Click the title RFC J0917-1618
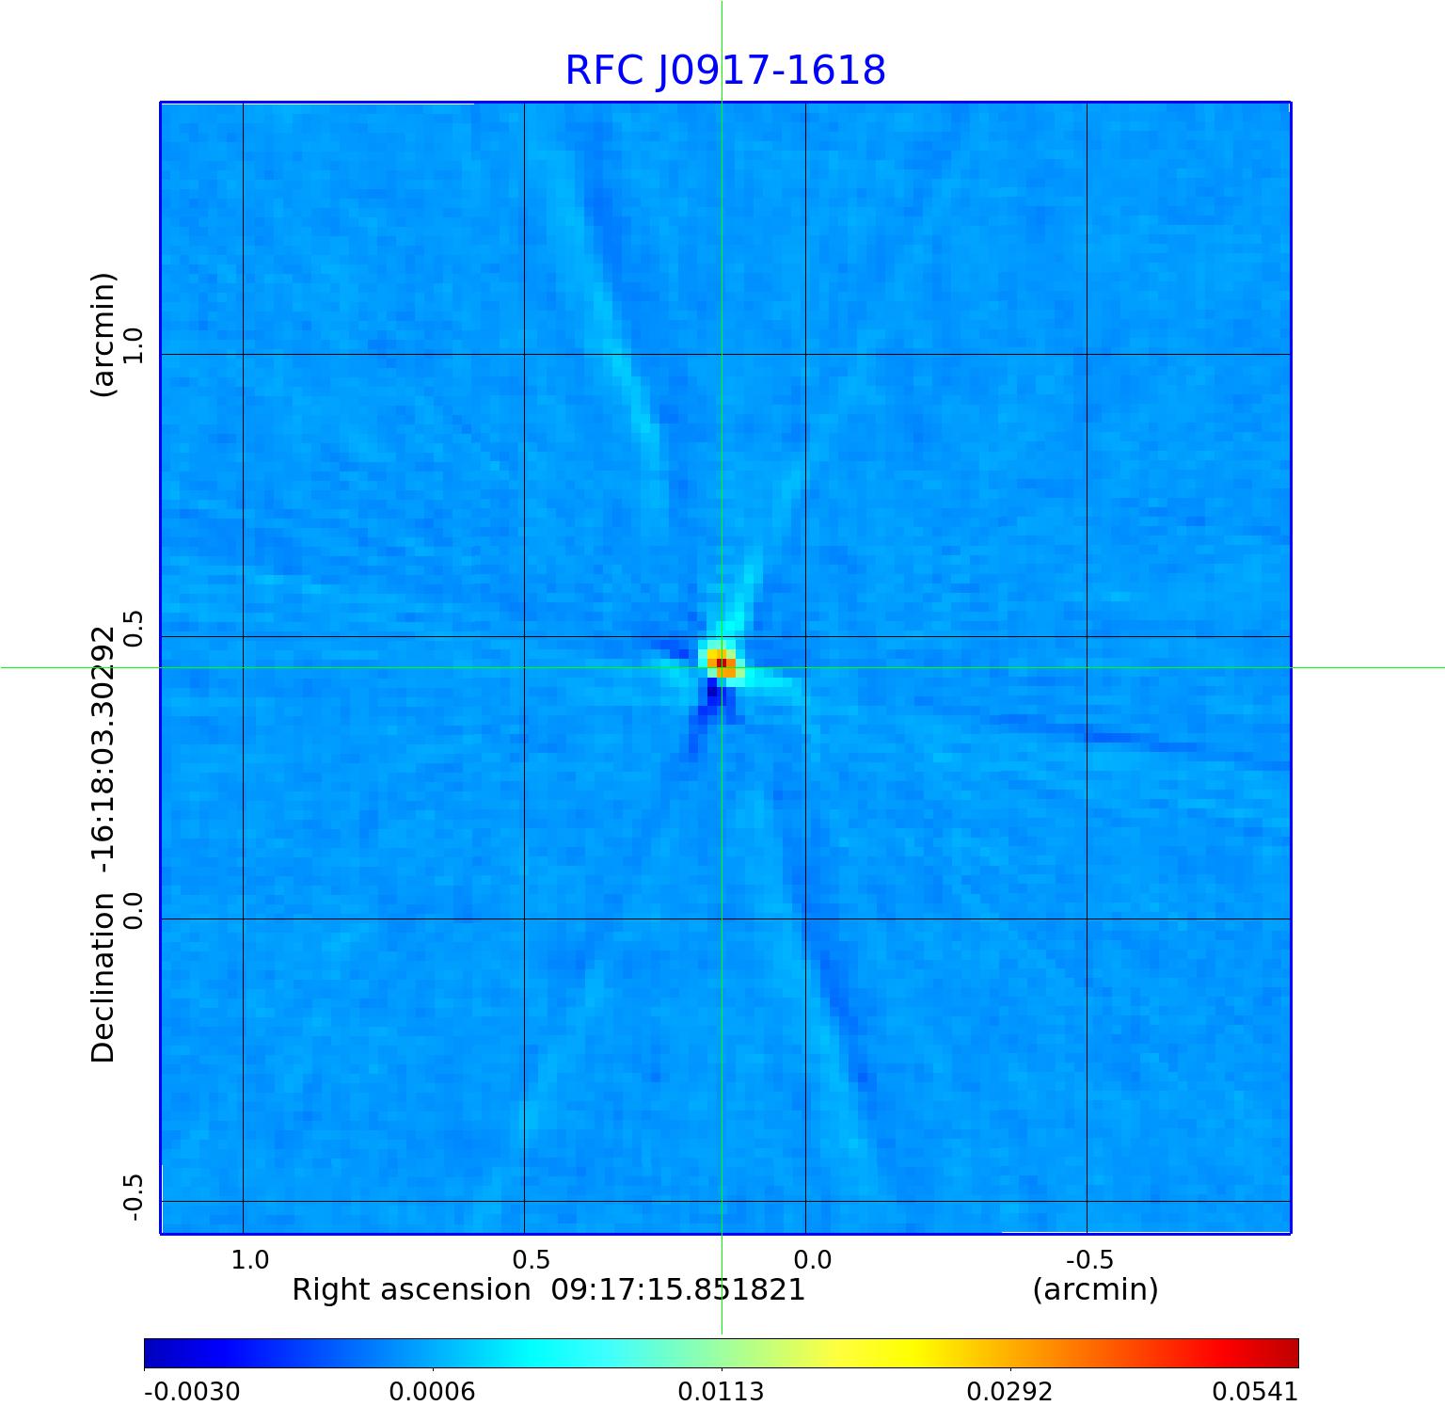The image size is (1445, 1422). pyautogui.click(x=725, y=71)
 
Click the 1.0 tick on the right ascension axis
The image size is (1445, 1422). pyautogui.click(x=250, y=1259)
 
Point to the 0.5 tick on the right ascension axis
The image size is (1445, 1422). pyautogui.click(x=531, y=1259)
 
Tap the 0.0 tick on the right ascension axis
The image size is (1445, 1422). pyautogui.click(x=812, y=1259)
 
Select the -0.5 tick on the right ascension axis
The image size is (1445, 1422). pyautogui.click(x=1089, y=1259)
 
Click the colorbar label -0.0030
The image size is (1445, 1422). pyautogui.click(x=192, y=1392)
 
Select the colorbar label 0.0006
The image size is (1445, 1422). pyautogui.click(x=433, y=1392)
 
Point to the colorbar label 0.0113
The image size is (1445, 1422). pyautogui.click(x=722, y=1392)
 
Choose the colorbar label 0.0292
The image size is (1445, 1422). pyautogui.click(x=1010, y=1392)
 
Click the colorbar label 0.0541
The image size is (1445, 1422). pyautogui.click(x=1255, y=1392)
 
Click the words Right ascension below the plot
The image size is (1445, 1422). pyautogui.click(x=411, y=1289)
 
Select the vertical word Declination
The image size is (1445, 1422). pyautogui.click(x=103, y=978)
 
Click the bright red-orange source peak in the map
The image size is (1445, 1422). pyautogui.click(x=721, y=663)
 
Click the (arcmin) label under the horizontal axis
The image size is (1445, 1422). pyautogui.click(x=1095, y=1289)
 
